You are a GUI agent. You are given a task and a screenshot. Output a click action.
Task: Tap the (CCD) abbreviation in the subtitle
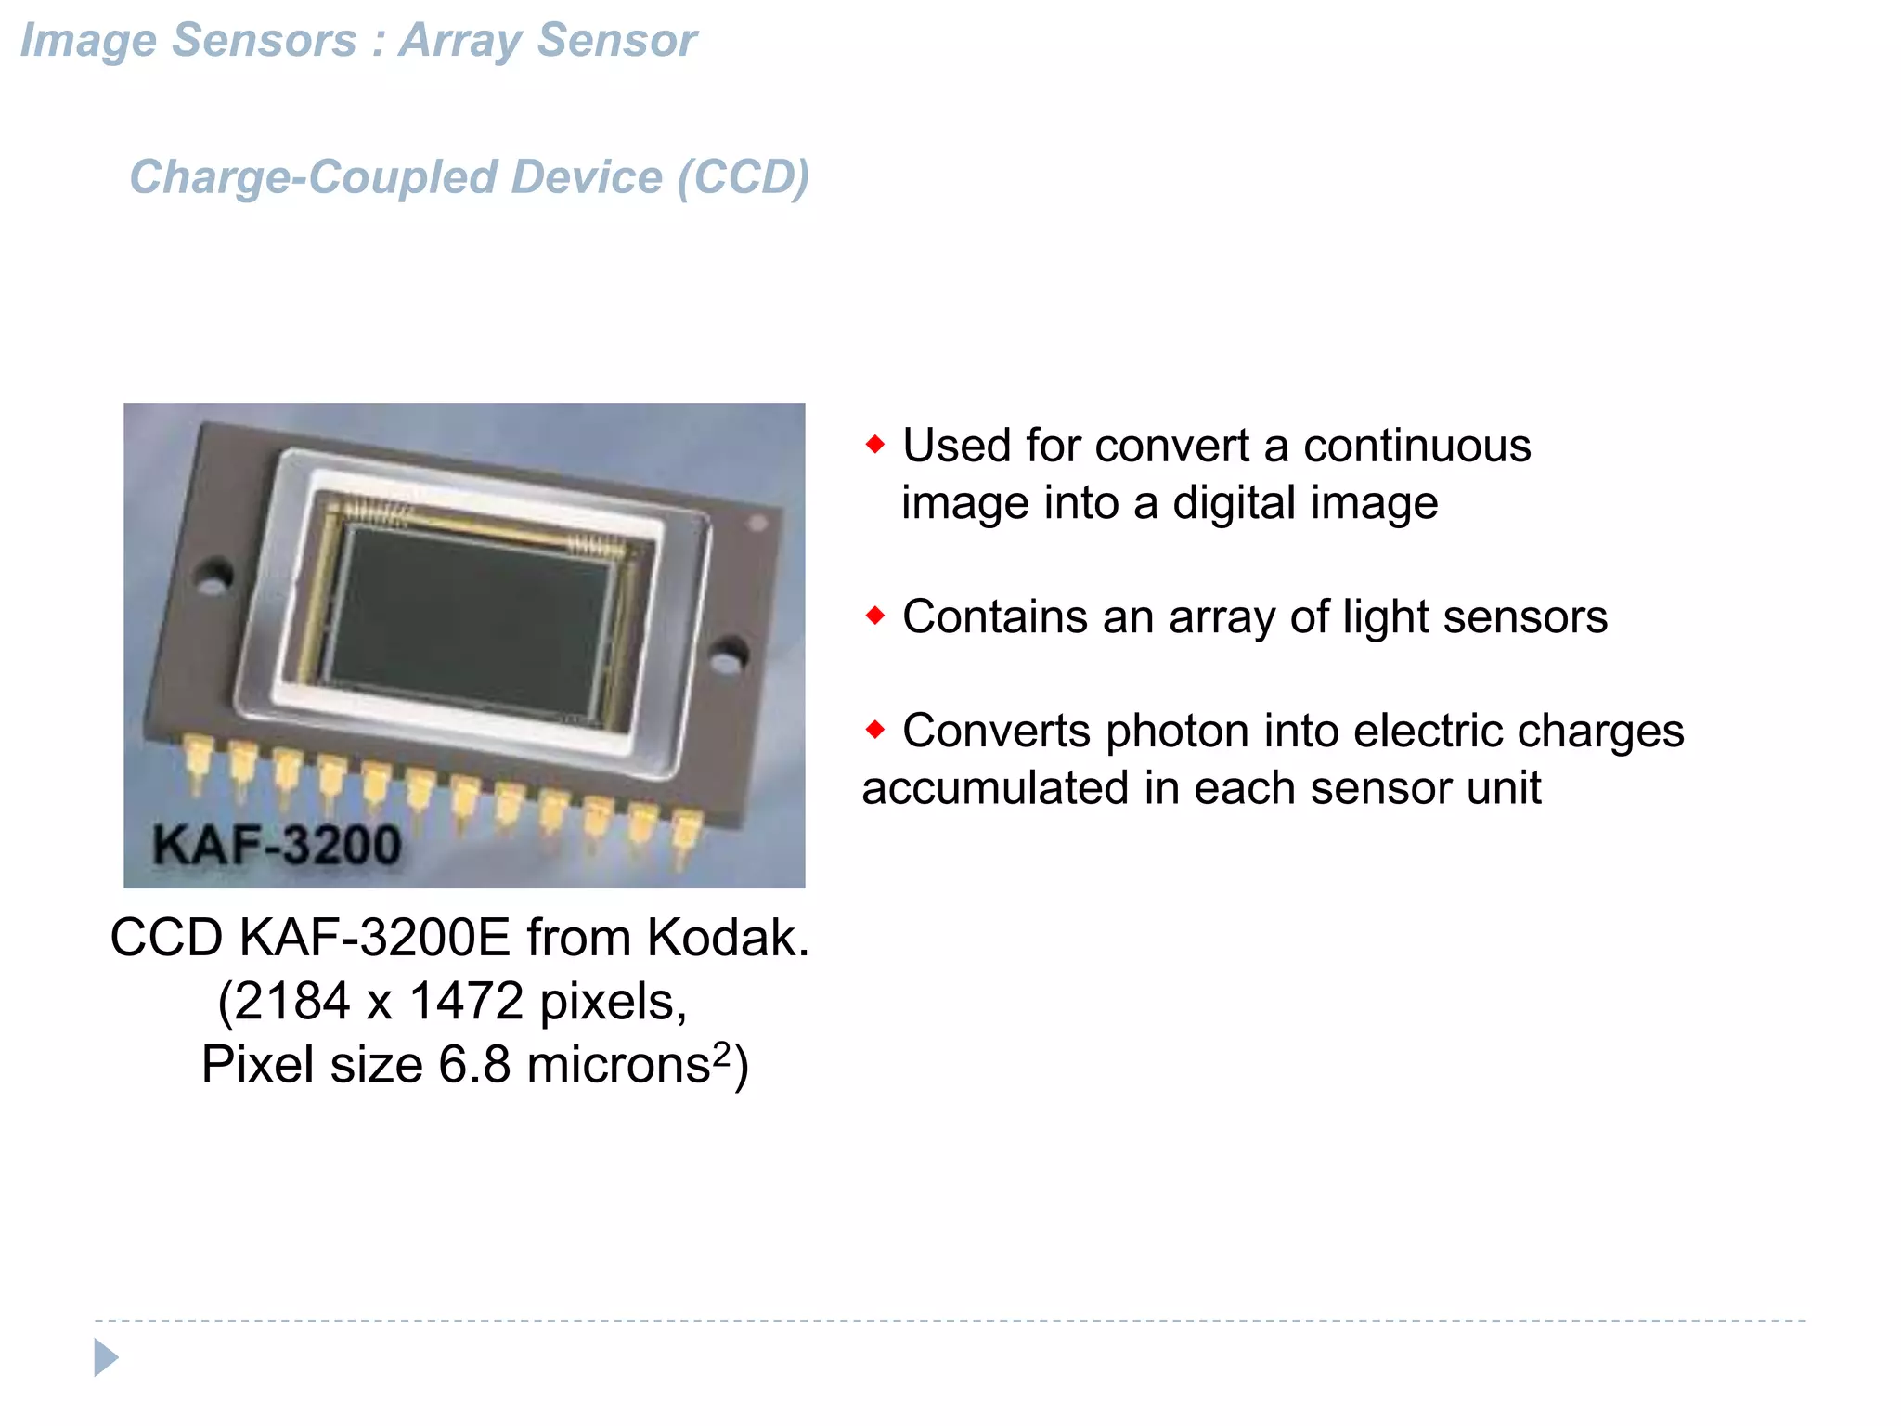tap(743, 177)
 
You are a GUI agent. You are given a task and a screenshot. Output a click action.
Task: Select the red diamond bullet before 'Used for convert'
tap(875, 445)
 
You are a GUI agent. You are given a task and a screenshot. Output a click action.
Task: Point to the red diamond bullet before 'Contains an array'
tap(875, 616)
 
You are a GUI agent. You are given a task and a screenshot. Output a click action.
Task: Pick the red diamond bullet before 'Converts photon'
tap(875, 730)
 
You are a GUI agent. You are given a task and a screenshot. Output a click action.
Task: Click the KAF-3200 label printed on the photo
tap(277, 845)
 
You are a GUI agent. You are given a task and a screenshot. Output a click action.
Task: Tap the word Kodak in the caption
tap(727, 938)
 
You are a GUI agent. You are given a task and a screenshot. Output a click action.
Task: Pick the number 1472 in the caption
tap(466, 1002)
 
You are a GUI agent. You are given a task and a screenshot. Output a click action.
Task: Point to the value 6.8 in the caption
tap(474, 1065)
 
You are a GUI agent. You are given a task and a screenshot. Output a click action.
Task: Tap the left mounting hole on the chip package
tap(214, 576)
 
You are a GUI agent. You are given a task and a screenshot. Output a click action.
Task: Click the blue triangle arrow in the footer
tap(106, 1357)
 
